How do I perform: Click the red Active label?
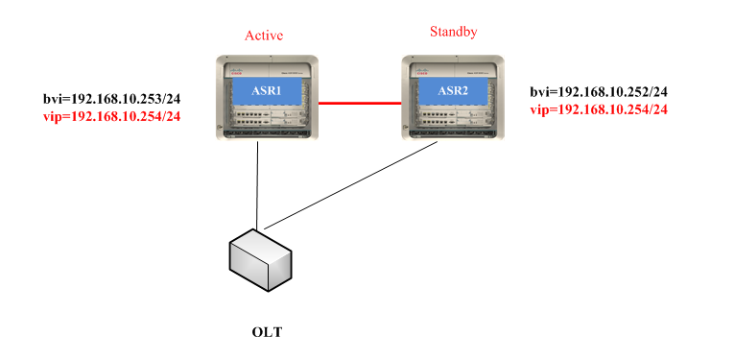point(265,36)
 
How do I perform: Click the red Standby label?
point(454,32)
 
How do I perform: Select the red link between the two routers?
point(358,102)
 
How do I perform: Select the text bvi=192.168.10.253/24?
point(112,99)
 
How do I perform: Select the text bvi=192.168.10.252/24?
point(599,92)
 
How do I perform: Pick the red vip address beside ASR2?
point(599,109)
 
